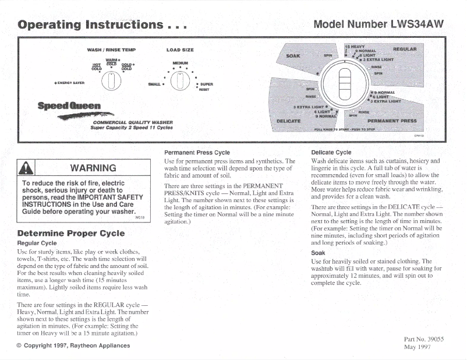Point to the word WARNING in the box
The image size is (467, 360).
(93, 168)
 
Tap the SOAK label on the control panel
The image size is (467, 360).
(293, 56)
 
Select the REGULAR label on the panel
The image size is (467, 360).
(404, 49)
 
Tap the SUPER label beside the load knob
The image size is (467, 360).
(207, 84)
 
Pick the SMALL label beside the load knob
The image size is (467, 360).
(154, 84)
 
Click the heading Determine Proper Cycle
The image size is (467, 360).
(71, 233)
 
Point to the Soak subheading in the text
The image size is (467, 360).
(319, 253)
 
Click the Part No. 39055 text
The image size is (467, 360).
(423, 338)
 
